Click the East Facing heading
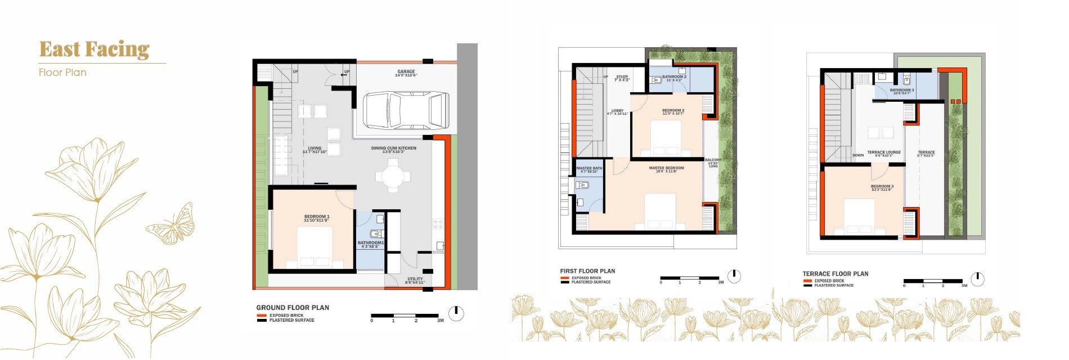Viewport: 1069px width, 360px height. [x=94, y=49]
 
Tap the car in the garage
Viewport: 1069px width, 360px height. [x=406, y=111]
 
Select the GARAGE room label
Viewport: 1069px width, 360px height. [x=406, y=73]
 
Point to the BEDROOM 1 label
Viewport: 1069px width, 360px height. [x=316, y=218]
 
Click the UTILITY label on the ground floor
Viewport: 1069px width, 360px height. [x=415, y=280]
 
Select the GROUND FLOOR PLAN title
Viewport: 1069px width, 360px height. [x=293, y=308]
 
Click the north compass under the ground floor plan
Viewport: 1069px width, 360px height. [x=456, y=313]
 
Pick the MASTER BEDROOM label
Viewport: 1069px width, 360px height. [x=666, y=169]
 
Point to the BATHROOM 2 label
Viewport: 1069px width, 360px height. [x=674, y=78]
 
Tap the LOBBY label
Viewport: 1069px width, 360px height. [x=617, y=112]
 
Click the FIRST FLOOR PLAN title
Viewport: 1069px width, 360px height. [x=587, y=271]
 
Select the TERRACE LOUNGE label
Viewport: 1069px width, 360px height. [x=883, y=153]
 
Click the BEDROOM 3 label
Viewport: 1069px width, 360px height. [x=882, y=187]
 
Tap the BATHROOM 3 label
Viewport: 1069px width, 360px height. [x=901, y=91]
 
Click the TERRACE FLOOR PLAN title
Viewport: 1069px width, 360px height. [x=835, y=274]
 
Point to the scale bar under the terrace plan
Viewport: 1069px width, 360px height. [x=933, y=281]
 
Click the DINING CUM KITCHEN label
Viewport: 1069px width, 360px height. [x=393, y=149]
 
